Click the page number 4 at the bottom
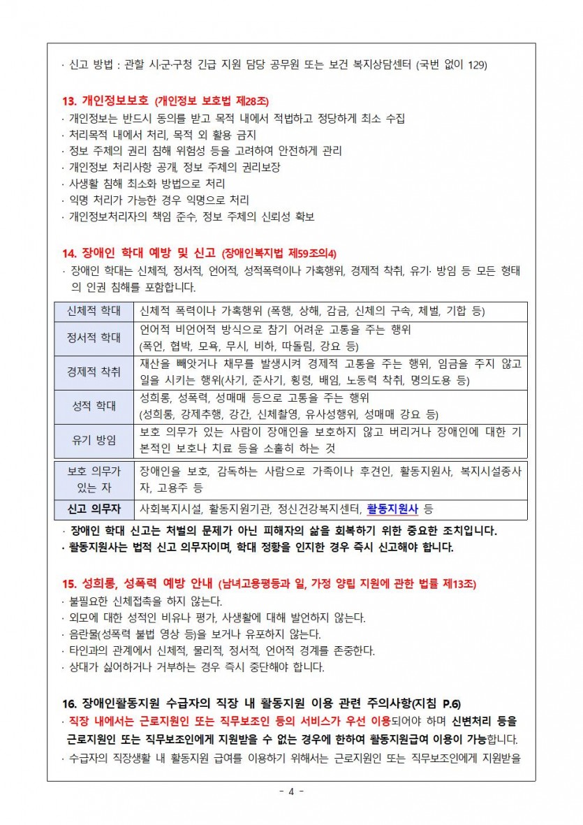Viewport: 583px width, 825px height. [x=291, y=791]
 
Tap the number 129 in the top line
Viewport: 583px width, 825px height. [x=477, y=66]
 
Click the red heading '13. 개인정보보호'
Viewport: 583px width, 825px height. [x=105, y=101]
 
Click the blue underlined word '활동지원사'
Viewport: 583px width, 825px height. [x=392, y=508]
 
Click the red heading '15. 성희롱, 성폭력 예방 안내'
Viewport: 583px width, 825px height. [x=137, y=583]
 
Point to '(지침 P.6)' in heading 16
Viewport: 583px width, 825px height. [x=436, y=703]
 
